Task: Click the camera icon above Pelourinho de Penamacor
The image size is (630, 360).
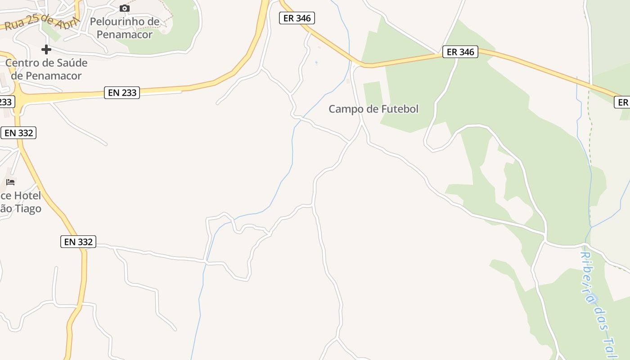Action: coord(125,8)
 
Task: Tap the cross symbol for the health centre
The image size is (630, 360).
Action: coord(46,49)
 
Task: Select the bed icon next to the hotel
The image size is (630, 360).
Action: coord(10,182)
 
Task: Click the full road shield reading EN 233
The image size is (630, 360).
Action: coord(122,93)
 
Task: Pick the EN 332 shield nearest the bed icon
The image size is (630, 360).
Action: coord(18,133)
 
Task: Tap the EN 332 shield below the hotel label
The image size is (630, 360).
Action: coord(78,242)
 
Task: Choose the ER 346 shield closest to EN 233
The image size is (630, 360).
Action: coord(297,18)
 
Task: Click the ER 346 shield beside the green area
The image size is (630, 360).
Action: coord(460,52)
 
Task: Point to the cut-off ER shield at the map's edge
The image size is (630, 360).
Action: coord(622,102)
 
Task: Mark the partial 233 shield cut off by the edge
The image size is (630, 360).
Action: coord(7,101)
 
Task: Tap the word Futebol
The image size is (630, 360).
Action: coord(400,109)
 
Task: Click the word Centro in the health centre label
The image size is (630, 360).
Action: coord(22,63)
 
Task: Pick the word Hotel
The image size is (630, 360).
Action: coord(27,196)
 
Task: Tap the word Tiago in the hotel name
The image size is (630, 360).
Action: coord(29,209)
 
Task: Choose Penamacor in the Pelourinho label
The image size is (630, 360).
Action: coord(125,34)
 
